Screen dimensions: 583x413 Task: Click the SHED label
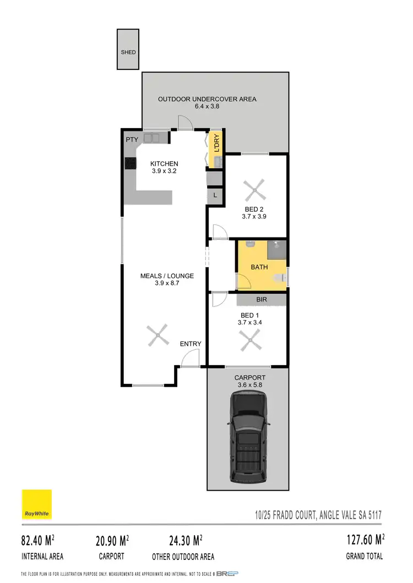point(128,52)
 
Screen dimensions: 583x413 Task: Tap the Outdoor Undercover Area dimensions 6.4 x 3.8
point(207,107)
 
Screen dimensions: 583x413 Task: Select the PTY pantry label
point(132,140)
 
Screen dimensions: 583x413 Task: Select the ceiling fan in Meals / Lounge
point(157,335)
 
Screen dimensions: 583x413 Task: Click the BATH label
point(259,267)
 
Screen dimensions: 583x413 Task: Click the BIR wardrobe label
point(262,300)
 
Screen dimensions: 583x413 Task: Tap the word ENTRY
point(191,344)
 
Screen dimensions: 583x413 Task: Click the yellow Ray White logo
point(37,504)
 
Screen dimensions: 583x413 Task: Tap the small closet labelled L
point(214,196)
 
